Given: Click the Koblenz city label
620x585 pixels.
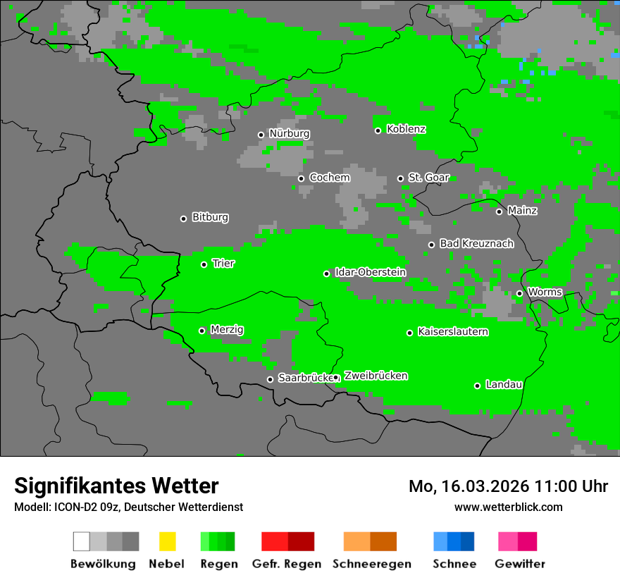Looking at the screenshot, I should (x=406, y=130).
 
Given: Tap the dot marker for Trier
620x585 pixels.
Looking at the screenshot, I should (x=204, y=264).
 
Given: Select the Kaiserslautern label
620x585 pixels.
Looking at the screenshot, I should (x=452, y=332).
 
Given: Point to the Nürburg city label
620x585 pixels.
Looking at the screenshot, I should (x=289, y=134).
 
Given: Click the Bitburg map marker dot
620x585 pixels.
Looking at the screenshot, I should (x=184, y=218).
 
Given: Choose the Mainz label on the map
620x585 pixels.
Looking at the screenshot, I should (x=522, y=211).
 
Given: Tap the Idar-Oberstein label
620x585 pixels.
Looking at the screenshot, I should (x=370, y=273).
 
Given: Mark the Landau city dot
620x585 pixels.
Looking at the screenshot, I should (x=478, y=386).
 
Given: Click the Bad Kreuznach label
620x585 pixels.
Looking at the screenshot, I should (x=476, y=244).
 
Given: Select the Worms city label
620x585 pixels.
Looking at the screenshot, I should (x=545, y=292).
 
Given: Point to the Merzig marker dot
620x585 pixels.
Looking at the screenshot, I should (x=202, y=331).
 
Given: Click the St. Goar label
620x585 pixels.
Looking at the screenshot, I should (x=428, y=178).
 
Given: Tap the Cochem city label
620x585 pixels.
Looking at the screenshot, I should (x=329, y=178).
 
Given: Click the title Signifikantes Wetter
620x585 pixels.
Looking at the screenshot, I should (x=116, y=486).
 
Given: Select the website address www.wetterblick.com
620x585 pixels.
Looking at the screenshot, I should (x=508, y=507).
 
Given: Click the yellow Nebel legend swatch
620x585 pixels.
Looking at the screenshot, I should (x=167, y=541).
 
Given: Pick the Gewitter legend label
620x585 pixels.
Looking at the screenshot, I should (x=519, y=564).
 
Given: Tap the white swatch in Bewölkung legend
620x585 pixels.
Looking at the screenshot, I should (x=82, y=541).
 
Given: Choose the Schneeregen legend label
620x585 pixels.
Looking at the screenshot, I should (x=371, y=564).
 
